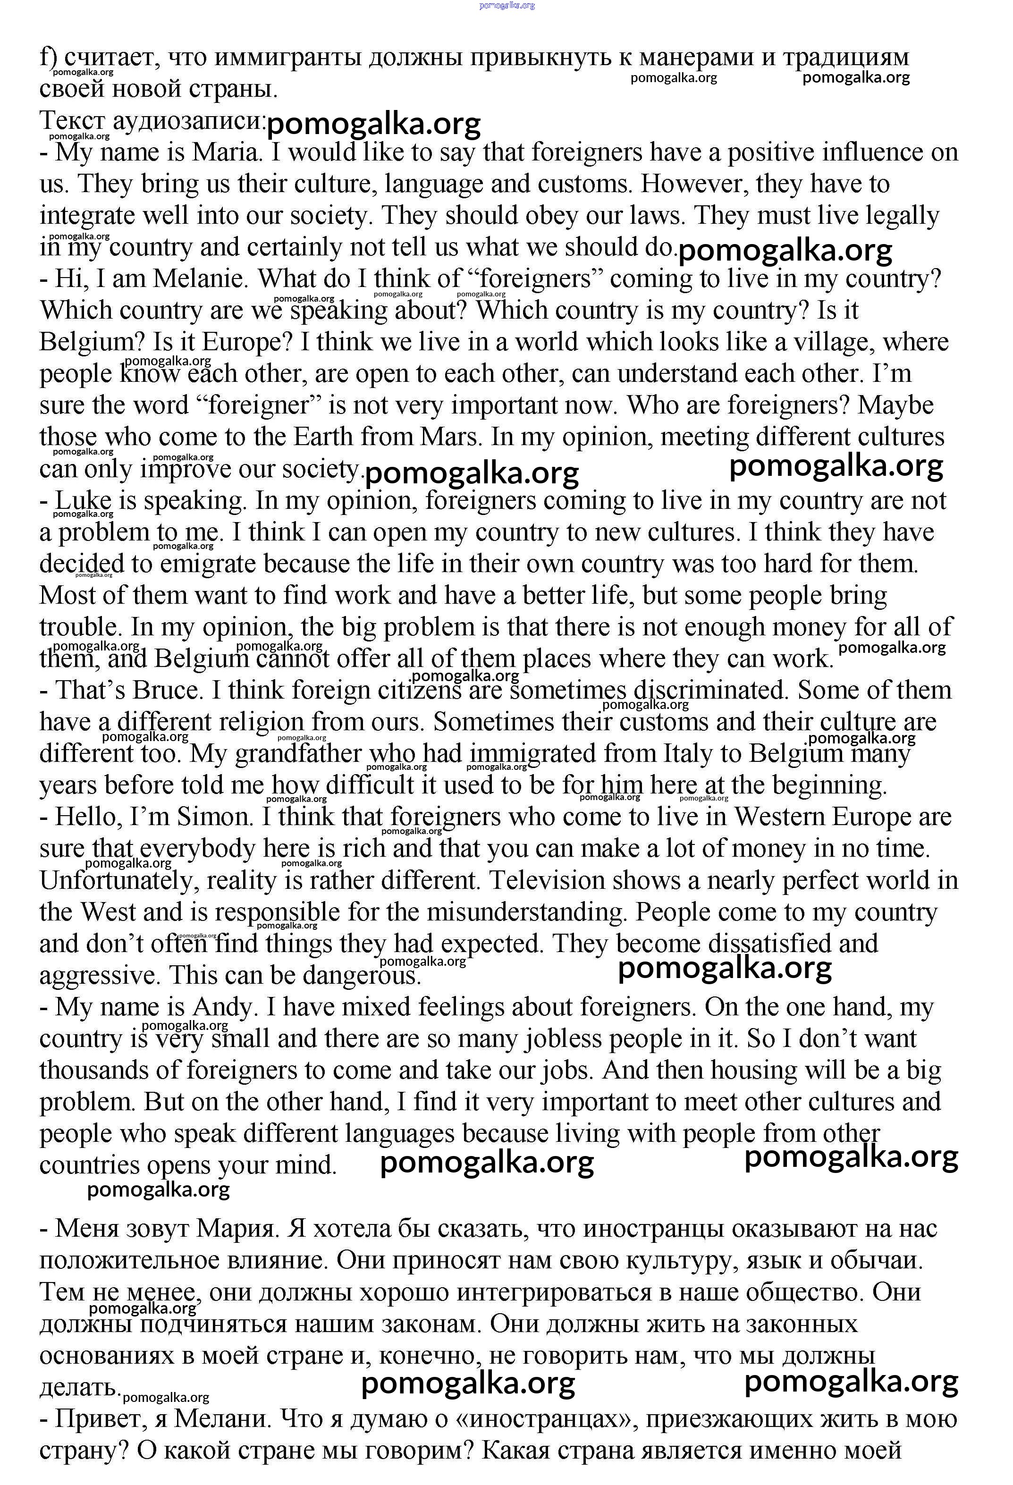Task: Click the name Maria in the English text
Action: click(x=227, y=153)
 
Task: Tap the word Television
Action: click(x=547, y=880)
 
